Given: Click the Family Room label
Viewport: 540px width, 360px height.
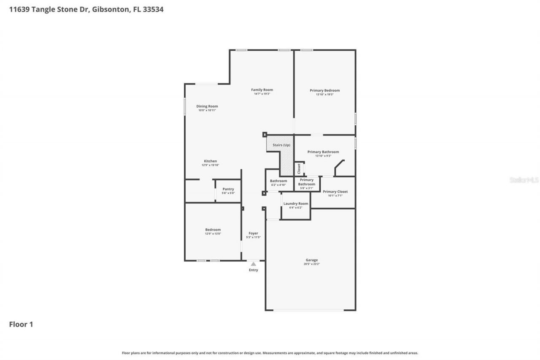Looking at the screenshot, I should (x=262, y=89).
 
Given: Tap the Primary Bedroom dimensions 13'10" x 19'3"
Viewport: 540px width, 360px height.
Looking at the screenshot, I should (x=324, y=95).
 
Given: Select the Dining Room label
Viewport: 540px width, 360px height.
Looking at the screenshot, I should (x=207, y=106).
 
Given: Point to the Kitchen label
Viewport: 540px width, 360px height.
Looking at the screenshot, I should (x=211, y=161).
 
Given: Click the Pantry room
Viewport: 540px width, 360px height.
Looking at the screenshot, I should (x=228, y=191).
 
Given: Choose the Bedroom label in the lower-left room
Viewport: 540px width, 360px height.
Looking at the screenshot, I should (x=213, y=230).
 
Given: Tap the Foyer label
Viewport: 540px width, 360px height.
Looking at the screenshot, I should (x=253, y=233).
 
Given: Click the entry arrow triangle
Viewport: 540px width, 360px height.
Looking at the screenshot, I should (x=253, y=264).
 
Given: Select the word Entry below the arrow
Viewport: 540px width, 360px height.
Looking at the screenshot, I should (x=253, y=270).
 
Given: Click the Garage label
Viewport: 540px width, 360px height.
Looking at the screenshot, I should (x=312, y=260).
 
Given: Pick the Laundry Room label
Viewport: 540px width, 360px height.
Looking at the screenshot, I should (x=296, y=203).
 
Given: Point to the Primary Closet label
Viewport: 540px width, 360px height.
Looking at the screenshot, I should (x=335, y=192).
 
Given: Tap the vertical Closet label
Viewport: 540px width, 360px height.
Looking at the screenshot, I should (x=299, y=169).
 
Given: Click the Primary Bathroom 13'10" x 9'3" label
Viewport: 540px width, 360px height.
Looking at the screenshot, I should (x=323, y=152).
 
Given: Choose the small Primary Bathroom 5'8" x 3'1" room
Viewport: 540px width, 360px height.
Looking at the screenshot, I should (x=307, y=184).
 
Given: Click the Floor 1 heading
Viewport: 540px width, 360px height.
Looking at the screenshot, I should (x=21, y=324).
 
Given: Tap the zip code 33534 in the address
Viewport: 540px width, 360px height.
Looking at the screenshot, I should (x=154, y=9).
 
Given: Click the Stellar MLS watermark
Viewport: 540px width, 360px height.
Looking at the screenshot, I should (x=524, y=180).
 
